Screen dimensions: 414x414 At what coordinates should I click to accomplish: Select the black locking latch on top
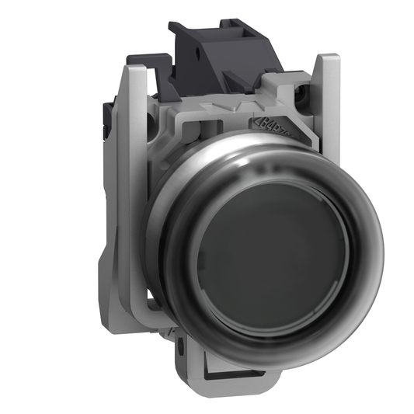[x=221, y=47]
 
